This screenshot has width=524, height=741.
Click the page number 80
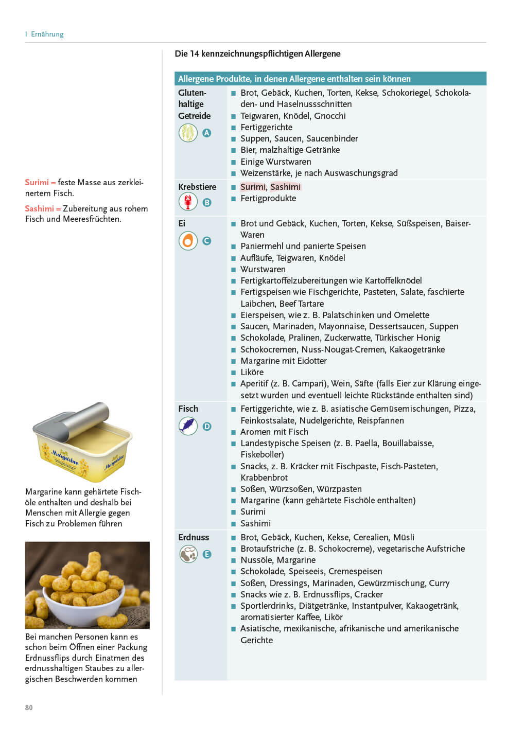pos(29,708)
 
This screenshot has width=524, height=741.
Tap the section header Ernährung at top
pos(47,34)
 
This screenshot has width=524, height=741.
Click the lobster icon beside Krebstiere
pos(188,202)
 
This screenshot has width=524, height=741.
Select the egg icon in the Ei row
pos(188,240)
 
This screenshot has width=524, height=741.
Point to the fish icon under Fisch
pos(188,426)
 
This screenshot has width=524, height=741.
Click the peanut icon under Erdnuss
pos(188,554)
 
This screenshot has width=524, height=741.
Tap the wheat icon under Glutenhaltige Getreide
pos(188,133)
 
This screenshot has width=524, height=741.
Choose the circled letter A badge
pos(207,133)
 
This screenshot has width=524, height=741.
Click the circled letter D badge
pos(207,427)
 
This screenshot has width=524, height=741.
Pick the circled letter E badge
pos(207,554)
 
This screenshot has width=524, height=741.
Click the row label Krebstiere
pos(197,187)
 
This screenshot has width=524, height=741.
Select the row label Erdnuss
pos(194,537)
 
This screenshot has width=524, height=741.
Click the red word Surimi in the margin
pos(37,182)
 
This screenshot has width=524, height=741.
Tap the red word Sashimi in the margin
pos(39,208)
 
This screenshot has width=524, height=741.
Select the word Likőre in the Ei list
pos(252,372)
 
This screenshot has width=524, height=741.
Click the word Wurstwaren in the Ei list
pos(263,269)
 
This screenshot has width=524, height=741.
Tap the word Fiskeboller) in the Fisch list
pos(262,454)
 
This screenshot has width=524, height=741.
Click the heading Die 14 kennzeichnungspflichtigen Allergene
pos(257,54)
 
